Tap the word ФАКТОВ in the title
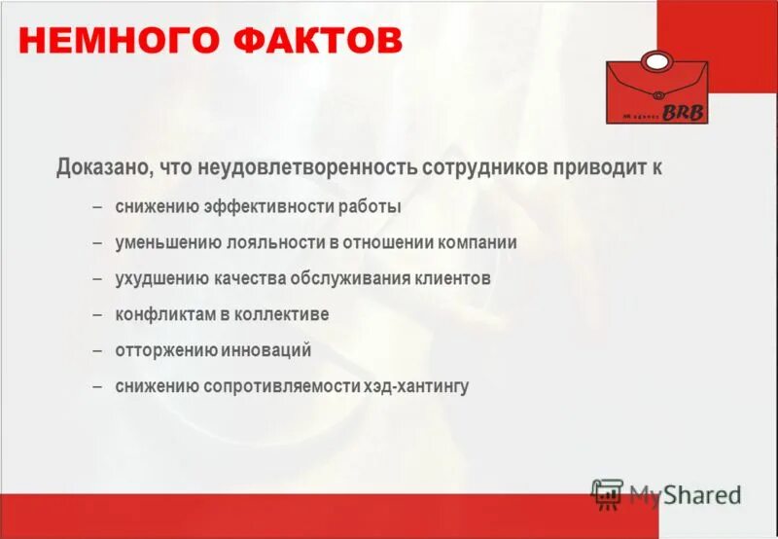tap(329, 41)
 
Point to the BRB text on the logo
tap(686, 113)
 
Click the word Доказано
tap(101, 166)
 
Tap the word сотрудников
tap(485, 166)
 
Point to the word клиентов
tap(444, 279)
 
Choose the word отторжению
tap(161, 350)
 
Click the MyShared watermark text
tap(685, 494)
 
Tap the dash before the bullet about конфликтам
tap(97, 315)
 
